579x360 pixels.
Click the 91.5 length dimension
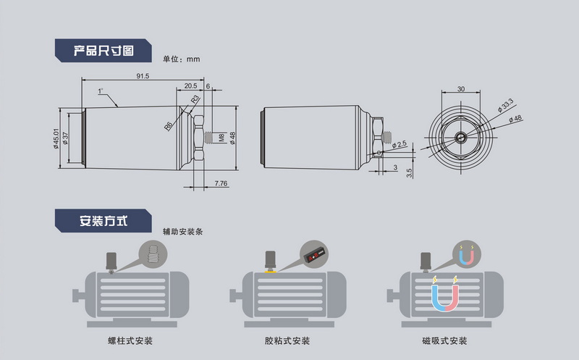[143, 76]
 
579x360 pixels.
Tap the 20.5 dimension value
[190, 85]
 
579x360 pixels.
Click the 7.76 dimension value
[221, 185]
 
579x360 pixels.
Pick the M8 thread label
[221, 136]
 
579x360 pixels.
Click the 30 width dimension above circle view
[461, 89]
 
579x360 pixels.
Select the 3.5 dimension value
[410, 172]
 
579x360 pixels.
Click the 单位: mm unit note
[181, 59]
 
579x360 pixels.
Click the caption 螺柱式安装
[130, 340]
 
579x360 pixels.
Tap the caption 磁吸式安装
[444, 340]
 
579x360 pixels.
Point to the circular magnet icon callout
[467, 254]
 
